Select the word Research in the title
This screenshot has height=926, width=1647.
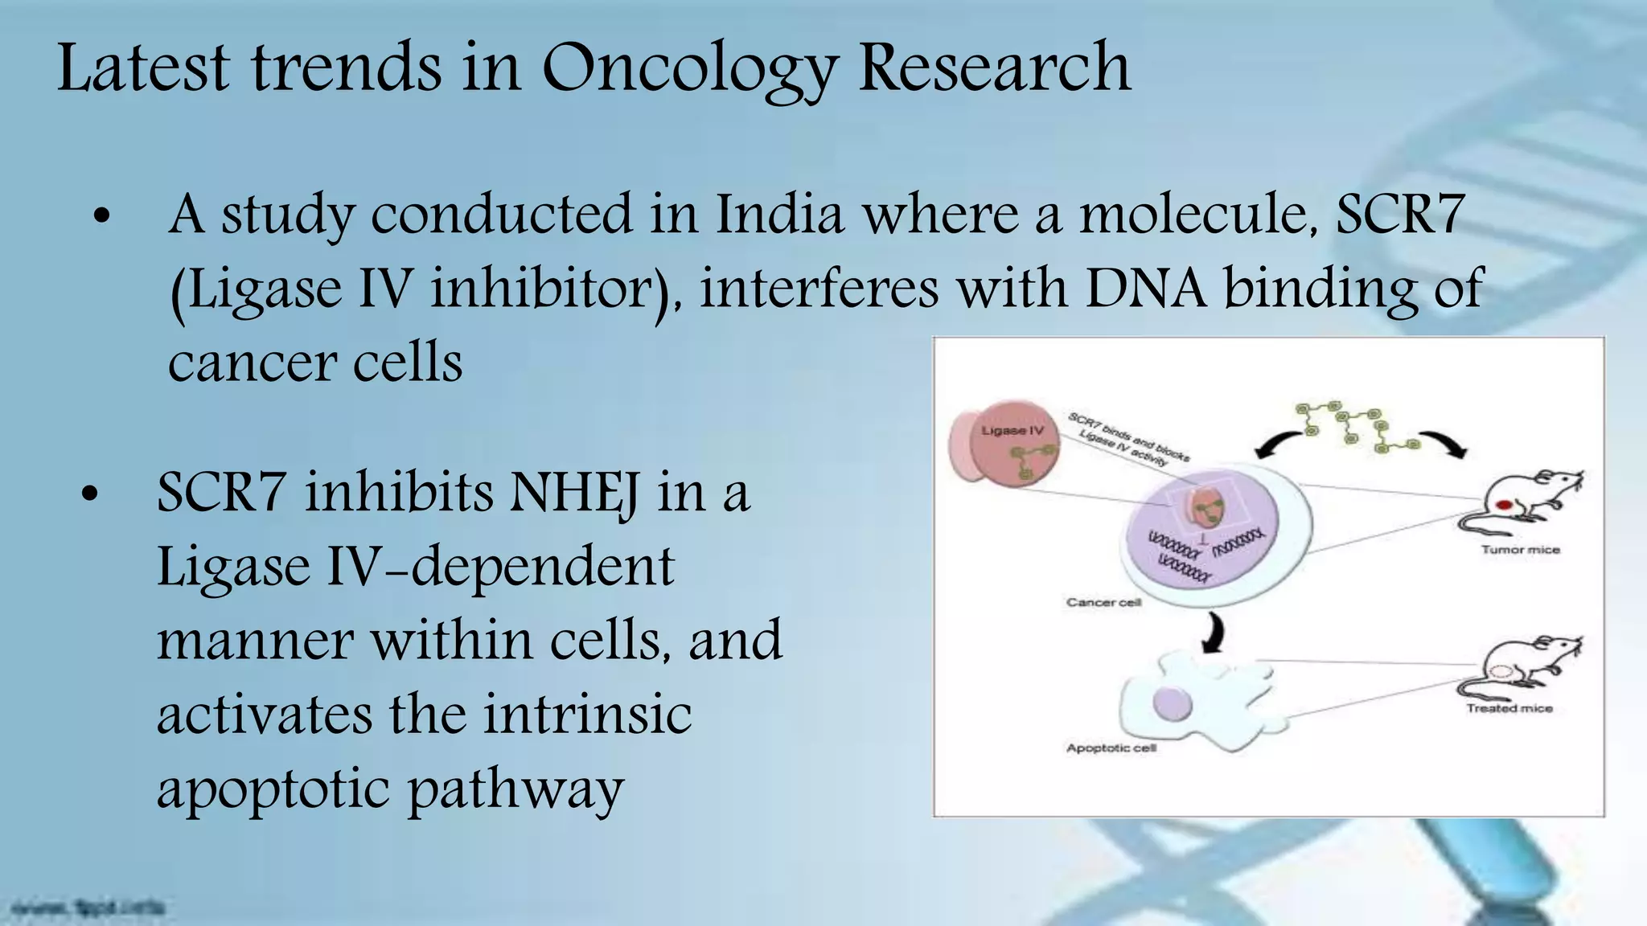pyautogui.click(x=995, y=68)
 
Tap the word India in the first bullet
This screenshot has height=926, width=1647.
pyautogui.click(x=779, y=215)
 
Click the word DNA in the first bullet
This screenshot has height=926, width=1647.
pyautogui.click(x=1146, y=288)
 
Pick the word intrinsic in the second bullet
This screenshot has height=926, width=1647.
pyautogui.click(x=587, y=714)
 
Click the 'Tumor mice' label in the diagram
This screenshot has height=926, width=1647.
pyautogui.click(x=1520, y=550)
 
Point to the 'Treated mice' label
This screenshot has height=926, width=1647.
pyautogui.click(x=1509, y=708)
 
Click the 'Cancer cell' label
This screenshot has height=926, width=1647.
pyautogui.click(x=1103, y=602)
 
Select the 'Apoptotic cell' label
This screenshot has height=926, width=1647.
pyautogui.click(x=1111, y=748)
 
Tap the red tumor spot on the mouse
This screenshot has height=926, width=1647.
pyautogui.click(x=1505, y=506)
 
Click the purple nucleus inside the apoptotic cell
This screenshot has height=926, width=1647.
pyautogui.click(x=1172, y=703)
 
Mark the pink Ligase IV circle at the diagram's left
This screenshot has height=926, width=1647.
pyautogui.click(x=1005, y=447)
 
